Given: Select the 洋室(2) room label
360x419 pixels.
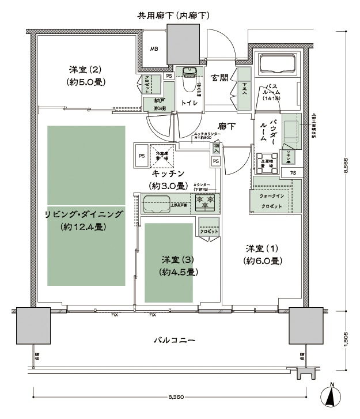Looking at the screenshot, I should (x=85, y=76).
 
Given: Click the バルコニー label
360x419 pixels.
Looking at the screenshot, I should (x=174, y=341).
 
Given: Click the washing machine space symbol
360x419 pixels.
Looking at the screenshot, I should (x=268, y=160).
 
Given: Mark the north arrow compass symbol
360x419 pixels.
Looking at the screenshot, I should (x=332, y=396).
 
